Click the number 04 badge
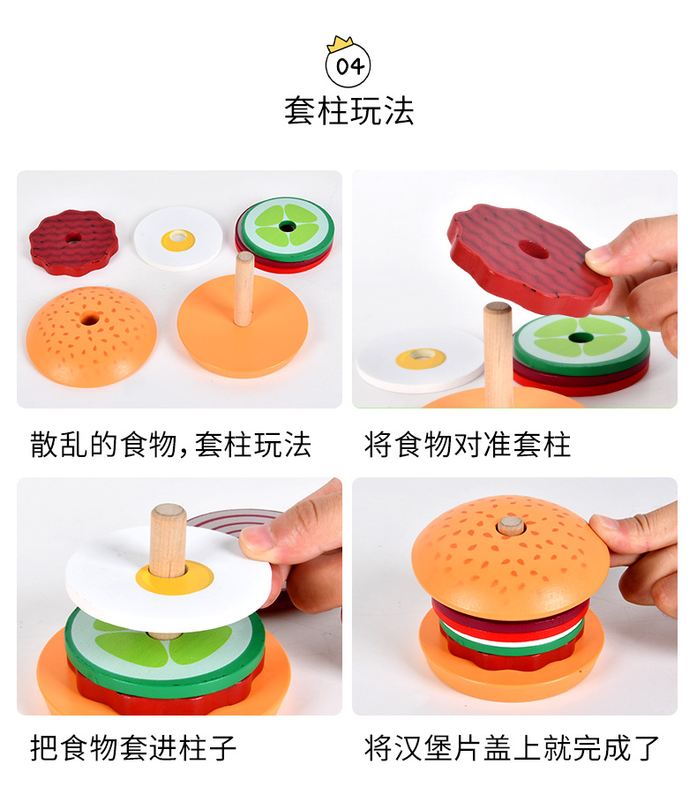click(348, 67)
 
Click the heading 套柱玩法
click(348, 111)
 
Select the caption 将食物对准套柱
click(468, 444)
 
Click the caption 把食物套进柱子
click(133, 747)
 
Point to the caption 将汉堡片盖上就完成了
click(513, 747)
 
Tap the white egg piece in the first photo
click(178, 232)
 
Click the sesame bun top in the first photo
click(91, 334)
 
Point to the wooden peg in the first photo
click(244, 287)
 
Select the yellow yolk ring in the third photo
click(174, 577)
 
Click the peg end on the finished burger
click(510, 526)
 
